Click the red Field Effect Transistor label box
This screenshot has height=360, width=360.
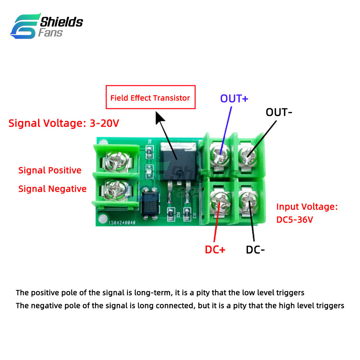(150, 97)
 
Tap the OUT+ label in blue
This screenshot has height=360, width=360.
(234, 99)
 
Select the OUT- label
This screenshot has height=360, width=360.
(279, 112)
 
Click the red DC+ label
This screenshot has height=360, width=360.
(215, 249)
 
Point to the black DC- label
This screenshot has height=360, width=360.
(256, 249)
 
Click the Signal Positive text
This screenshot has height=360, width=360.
(50, 170)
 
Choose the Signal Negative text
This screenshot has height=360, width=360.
(53, 189)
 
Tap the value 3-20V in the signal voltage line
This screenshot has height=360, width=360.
(104, 123)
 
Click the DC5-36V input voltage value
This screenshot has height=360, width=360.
(295, 219)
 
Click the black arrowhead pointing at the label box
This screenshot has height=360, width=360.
(160, 117)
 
